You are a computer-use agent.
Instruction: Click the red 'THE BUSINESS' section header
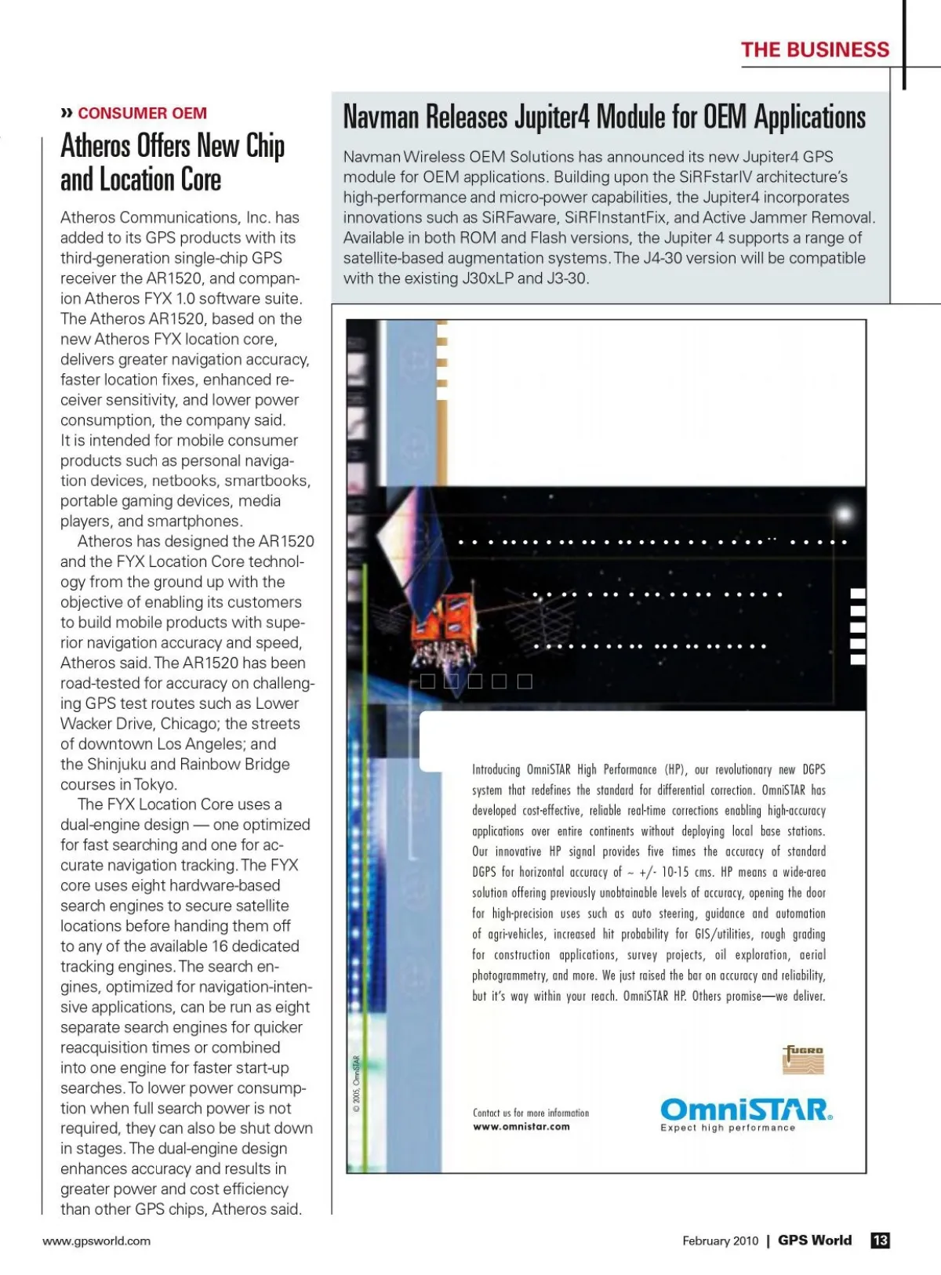point(815,50)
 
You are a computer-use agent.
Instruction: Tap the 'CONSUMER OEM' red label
point(142,114)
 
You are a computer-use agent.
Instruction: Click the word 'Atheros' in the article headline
point(97,146)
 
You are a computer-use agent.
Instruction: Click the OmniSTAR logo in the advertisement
point(746,1110)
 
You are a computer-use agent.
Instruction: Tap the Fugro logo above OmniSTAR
point(804,1059)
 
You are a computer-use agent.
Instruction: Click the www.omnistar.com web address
point(521,1127)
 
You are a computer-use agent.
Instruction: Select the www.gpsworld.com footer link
point(96,1240)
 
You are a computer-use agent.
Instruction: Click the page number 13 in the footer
point(880,1240)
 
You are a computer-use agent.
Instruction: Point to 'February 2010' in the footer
point(720,1240)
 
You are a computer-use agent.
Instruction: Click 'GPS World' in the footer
point(815,1240)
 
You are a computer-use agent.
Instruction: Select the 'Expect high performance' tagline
point(728,1128)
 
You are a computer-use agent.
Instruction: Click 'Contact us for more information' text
point(530,1113)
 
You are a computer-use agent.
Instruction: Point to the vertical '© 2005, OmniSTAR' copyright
point(357,1084)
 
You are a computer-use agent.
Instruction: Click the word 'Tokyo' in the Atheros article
point(155,785)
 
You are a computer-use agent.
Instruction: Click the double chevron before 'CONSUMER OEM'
point(67,114)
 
